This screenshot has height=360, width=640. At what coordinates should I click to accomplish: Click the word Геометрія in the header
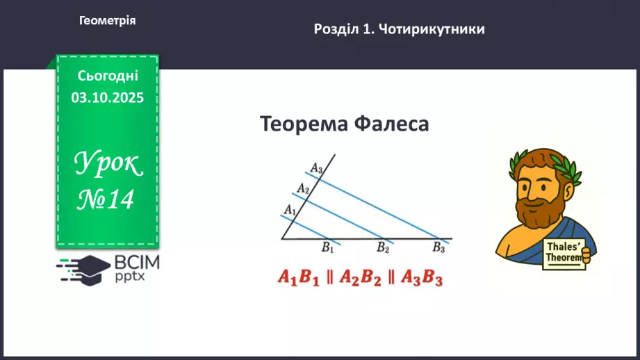click(x=107, y=21)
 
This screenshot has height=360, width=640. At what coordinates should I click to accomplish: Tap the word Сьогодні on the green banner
click(x=108, y=76)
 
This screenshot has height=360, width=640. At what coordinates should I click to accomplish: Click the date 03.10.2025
click(x=108, y=98)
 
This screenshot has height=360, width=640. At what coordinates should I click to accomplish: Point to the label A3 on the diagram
click(x=316, y=167)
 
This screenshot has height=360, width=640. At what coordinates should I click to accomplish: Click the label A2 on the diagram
click(x=302, y=188)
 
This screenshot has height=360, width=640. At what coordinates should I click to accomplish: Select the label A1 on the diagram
click(x=290, y=209)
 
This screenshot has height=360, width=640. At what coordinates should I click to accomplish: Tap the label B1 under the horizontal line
click(x=327, y=247)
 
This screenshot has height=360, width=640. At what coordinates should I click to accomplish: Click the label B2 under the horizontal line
click(x=383, y=247)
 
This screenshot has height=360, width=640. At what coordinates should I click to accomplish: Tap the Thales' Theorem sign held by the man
click(x=563, y=250)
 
